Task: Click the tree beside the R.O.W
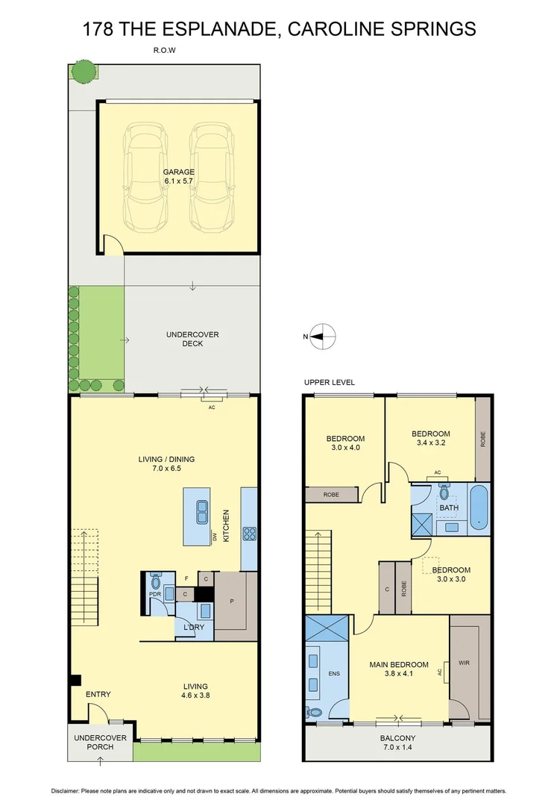click(x=84, y=71)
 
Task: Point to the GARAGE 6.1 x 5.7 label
click(x=179, y=176)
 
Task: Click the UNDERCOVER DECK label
click(x=192, y=339)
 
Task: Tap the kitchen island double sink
click(x=201, y=512)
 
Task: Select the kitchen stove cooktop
click(x=249, y=534)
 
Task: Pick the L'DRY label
click(x=194, y=628)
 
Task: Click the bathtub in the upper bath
click(x=479, y=507)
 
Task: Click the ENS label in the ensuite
click(x=333, y=674)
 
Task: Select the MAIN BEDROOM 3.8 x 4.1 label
click(x=399, y=669)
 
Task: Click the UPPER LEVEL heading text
click(x=329, y=383)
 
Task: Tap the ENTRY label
click(x=98, y=694)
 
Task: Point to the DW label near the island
click(x=213, y=537)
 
